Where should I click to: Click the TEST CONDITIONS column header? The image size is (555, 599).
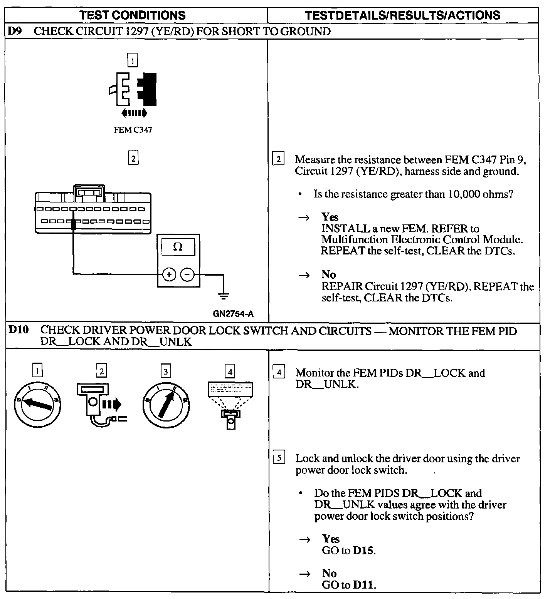[x=132, y=15]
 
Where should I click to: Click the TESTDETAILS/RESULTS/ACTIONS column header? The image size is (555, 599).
[x=402, y=15]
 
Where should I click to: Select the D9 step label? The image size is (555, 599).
[x=14, y=31]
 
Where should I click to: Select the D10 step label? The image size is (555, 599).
[x=18, y=330]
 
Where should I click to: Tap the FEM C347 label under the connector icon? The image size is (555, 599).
[x=133, y=130]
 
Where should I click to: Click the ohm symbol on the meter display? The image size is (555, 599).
[x=178, y=247]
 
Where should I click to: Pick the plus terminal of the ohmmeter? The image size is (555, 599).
[x=169, y=274]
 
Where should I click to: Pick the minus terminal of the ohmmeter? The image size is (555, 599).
[x=187, y=274]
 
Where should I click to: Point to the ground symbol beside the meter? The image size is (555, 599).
[x=224, y=295]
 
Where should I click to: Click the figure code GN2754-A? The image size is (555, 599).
[x=233, y=314]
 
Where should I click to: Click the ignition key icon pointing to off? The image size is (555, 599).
[x=37, y=404]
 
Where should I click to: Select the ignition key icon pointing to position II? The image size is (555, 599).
[x=165, y=404]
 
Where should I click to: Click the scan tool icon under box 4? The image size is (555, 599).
[x=230, y=404]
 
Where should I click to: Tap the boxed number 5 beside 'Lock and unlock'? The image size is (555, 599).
[x=279, y=458]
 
